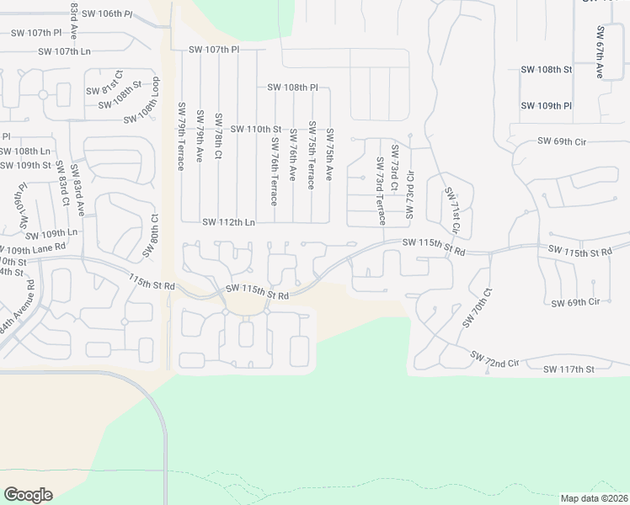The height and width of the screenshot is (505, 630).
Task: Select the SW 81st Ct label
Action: (x=103, y=90)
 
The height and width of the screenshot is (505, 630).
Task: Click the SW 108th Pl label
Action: (x=292, y=87)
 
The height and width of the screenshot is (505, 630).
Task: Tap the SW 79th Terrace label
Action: (x=181, y=136)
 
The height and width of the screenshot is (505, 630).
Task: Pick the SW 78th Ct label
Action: (x=218, y=136)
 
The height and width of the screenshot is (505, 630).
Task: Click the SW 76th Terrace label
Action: (x=274, y=173)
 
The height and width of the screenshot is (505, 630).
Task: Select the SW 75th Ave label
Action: (x=329, y=155)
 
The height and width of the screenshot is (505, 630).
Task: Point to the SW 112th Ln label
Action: (x=228, y=222)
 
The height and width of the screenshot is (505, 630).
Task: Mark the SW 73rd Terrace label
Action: (x=381, y=191)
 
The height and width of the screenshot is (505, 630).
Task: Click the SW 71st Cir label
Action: (x=453, y=210)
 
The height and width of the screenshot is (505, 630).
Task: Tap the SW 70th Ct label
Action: (x=477, y=309)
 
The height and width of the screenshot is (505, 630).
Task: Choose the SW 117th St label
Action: (x=569, y=369)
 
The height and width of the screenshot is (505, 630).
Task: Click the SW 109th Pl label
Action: (x=546, y=106)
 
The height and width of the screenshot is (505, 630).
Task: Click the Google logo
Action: (x=28, y=495)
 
